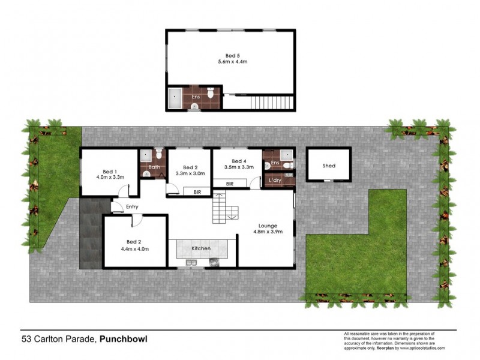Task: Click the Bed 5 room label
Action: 224,55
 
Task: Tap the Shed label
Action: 328,166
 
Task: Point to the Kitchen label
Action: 200,248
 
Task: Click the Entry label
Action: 133,207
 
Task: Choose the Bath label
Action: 154,167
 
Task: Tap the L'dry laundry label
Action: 275,180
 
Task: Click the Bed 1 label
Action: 109,170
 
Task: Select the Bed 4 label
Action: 239,161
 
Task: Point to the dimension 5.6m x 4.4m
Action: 232,61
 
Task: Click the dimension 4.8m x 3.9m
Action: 268,232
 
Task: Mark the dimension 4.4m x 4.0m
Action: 134,248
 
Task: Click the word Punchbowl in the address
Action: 123,339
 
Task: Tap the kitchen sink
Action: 191,262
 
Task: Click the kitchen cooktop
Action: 214,262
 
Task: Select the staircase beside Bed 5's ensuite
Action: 271,102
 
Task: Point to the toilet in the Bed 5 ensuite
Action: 211,94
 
